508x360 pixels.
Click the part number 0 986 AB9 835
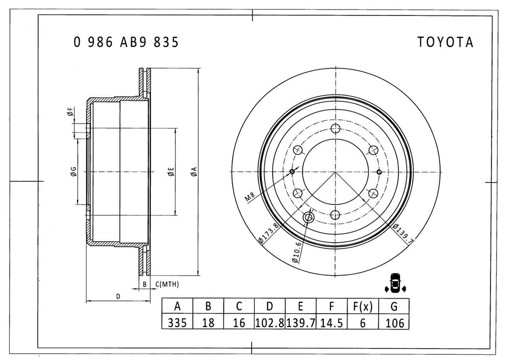pyautogui.click(x=126, y=43)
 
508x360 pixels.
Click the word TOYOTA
pyautogui.click(x=445, y=43)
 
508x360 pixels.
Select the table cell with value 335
pyautogui.click(x=178, y=322)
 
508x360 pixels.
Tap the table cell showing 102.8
pyautogui.click(x=270, y=322)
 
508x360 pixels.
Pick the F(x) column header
pyautogui.click(x=362, y=307)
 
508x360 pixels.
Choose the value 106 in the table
pyautogui.click(x=394, y=322)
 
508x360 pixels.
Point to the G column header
pyautogui.click(x=394, y=307)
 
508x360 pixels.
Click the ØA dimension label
pyautogui.click(x=192, y=172)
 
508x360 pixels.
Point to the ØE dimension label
pyautogui.click(x=170, y=172)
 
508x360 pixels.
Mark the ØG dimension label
pyautogui.click(x=74, y=172)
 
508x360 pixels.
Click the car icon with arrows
pyautogui.click(x=395, y=283)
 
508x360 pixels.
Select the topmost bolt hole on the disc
pyautogui.click(x=336, y=129)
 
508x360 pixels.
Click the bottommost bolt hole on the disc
pyautogui.click(x=336, y=215)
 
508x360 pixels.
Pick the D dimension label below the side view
pyautogui.click(x=118, y=297)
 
